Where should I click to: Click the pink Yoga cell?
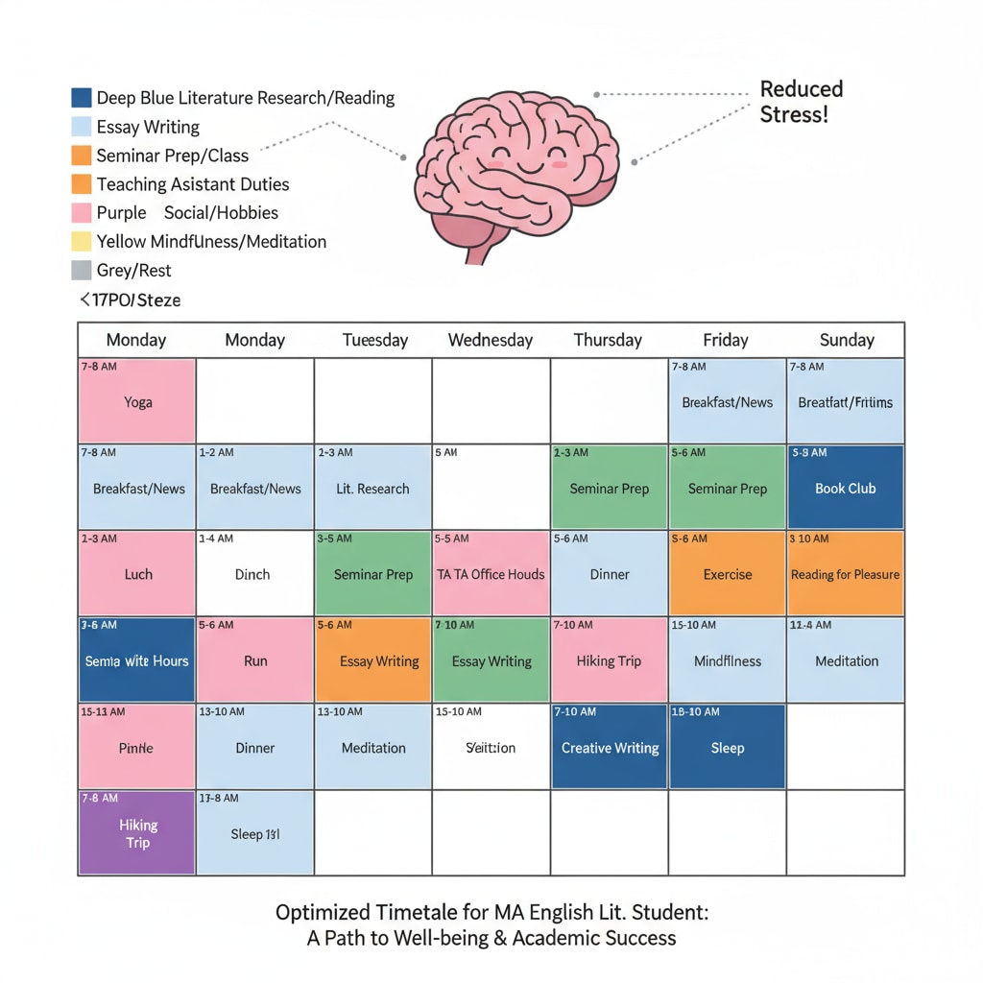137,401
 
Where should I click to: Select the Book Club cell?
845,488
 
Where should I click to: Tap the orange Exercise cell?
727,574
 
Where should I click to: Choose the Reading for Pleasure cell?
845,574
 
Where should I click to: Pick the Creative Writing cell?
610,747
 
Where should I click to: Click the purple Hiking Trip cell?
137,833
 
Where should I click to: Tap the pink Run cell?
255,660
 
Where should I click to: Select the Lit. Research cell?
372,488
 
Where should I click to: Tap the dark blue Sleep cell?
727,747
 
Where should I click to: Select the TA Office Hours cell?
491,574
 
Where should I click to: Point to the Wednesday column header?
491,340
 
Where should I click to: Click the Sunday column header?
846,340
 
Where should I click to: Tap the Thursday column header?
607,340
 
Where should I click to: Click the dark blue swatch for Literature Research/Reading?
82,98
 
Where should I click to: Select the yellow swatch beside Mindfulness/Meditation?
82,242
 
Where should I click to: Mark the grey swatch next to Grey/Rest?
82,271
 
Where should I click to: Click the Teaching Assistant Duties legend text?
193,184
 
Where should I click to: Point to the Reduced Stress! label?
801,102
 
